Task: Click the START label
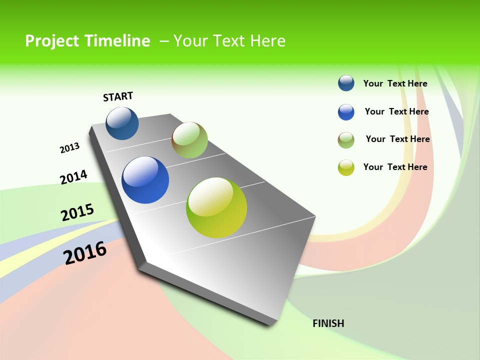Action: [x=118, y=96]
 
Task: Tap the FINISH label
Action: [x=328, y=323]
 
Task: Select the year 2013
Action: [x=69, y=148]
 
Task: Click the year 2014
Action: [x=73, y=177]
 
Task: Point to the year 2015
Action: [x=77, y=212]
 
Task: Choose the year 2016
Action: [x=85, y=253]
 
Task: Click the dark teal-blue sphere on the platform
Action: [x=122, y=123]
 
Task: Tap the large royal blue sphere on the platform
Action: [x=145, y=180]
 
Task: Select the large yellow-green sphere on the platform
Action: [x=216, y=207]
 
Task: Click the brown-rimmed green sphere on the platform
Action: [x=189, y=140]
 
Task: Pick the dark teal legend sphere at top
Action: [x=346, y=83]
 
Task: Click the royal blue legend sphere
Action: [x=346, y=112]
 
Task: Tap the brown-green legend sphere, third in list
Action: [x=346, y=140]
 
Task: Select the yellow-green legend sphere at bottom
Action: [x=346, y=167]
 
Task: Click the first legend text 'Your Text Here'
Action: [x=395, y=83]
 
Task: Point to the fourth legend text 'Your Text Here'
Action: [x=395, y=167]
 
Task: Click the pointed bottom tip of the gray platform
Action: [x=270, y=323]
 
